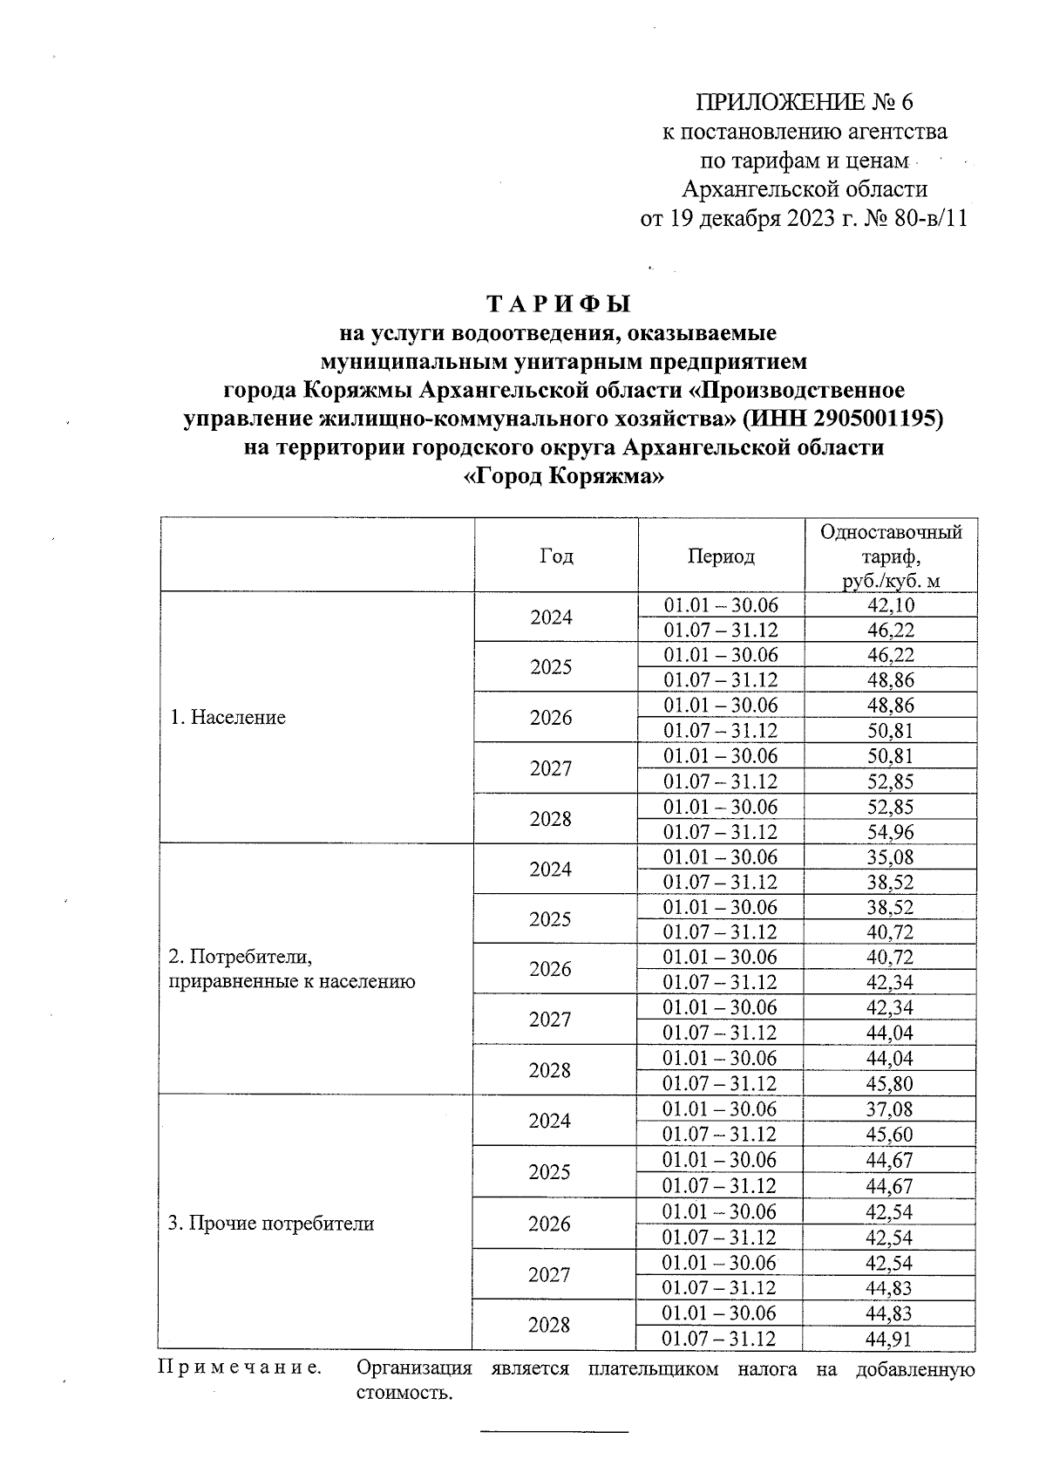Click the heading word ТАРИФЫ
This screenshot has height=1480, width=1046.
(x=557, y=304)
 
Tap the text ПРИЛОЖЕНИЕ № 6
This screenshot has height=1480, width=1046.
(x=804, y=103)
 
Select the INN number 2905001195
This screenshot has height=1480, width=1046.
(x=876, y=419)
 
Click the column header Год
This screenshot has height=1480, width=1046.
(x=556, y=556)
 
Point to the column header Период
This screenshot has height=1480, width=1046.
(x=721, y=556)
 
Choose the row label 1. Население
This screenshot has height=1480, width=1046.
(x=228, y=718)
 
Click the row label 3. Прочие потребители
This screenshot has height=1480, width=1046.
(x=271, y=1223)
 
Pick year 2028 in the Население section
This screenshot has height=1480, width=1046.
(x=550, y=819)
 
